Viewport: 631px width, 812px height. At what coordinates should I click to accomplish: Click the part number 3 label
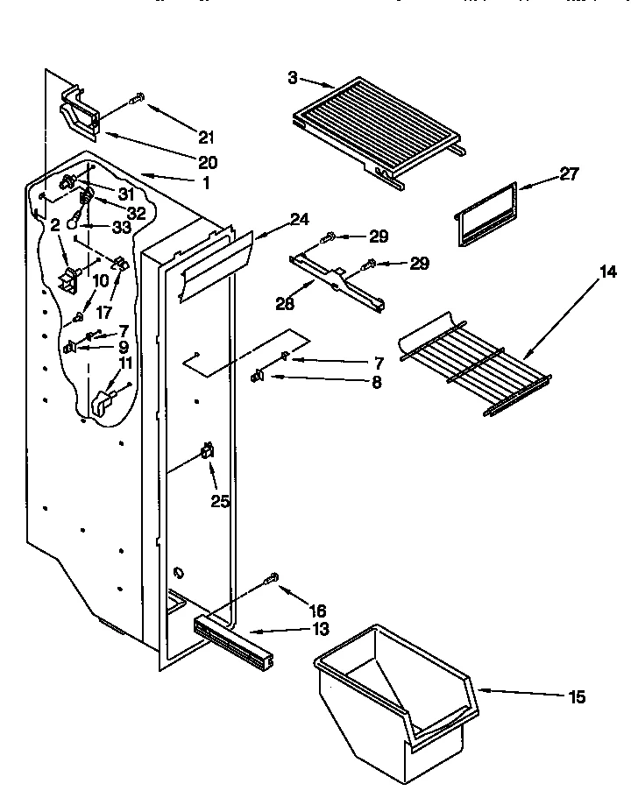[x=292, y=78]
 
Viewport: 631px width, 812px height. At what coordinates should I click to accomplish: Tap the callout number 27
[x=569, y=174]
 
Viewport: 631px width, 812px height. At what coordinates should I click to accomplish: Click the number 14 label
[x=607, y=272]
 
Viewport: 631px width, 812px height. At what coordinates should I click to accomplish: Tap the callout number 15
[x=576, y=697]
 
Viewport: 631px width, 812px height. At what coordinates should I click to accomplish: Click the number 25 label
[x=219, y=501]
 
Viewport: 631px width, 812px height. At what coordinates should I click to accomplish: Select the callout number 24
[x=301, y=220]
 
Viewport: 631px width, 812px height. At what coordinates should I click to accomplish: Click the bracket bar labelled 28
[x=337, y=280]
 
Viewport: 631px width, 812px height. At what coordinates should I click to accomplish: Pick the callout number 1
[x=206, y=183]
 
